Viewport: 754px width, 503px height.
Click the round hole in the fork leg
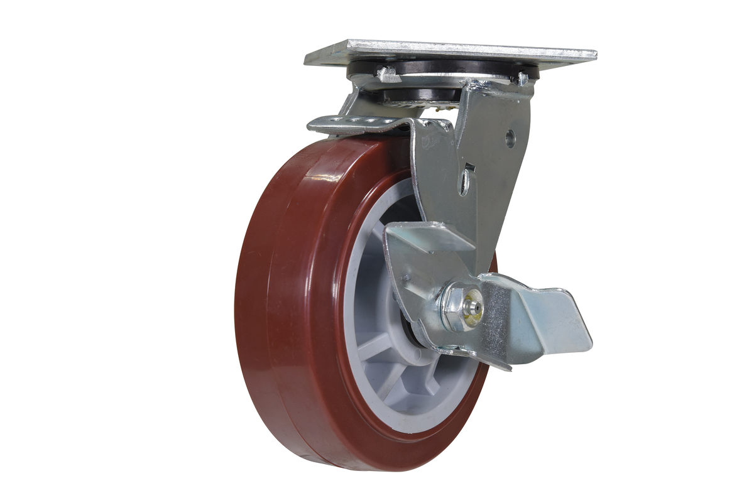[510, 138]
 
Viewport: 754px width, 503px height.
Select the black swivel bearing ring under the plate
[440, 69]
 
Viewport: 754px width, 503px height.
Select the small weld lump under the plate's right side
[522, 79]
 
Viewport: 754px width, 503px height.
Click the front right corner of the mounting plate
[594, 54]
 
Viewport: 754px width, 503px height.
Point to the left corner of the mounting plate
[306, 61]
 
